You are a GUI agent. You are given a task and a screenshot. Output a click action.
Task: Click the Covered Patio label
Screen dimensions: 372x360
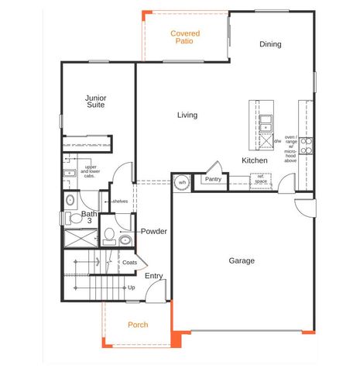(186, 37)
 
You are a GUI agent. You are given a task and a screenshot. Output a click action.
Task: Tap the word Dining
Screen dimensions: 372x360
(270, 44)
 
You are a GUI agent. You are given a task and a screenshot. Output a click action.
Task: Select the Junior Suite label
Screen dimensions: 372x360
(96, 102)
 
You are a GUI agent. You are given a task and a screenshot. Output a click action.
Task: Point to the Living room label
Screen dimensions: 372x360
(187, 115)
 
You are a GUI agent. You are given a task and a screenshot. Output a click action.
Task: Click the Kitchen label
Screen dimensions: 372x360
(255, 160)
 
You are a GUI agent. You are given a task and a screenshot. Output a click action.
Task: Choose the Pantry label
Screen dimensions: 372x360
(212, 179)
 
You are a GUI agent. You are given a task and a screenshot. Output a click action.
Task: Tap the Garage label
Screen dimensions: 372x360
(242, 261)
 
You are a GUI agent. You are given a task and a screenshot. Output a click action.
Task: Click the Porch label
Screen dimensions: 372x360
(138, 325)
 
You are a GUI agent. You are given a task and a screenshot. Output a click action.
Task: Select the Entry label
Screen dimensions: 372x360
(154, 276)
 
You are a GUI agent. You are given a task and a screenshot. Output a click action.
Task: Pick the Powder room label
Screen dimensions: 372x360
(154, 232)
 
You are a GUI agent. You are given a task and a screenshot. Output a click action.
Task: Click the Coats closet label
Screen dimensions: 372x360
(130, 262)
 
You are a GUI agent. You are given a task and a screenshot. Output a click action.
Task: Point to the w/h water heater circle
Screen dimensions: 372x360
(183, 183)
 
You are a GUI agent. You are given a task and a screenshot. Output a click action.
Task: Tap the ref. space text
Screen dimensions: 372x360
(262, 178)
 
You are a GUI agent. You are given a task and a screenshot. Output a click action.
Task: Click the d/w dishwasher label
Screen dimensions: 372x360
(277, 142)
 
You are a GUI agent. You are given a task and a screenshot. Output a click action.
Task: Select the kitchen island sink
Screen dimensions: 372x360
(266, 121)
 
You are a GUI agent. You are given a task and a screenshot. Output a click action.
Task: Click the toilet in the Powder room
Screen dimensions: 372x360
(109, 234)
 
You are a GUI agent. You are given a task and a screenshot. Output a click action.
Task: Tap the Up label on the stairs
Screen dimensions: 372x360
(132, 288)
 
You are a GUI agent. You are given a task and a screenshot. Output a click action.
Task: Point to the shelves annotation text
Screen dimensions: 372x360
(120, 201)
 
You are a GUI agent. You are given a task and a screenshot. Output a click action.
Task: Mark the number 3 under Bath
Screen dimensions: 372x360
(90, 222)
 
